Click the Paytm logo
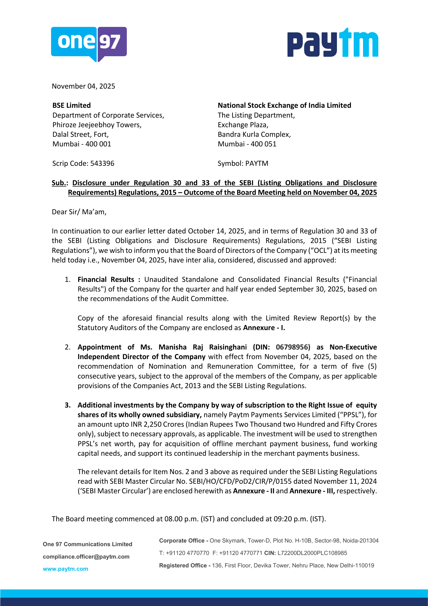point(333,43)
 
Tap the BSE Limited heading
point(71,105)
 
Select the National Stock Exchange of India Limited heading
point(284,105)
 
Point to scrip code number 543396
point(102,163)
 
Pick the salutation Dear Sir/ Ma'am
point(79,212)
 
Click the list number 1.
point(68,280)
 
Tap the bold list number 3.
point(68,405)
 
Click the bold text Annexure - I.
point(264,328)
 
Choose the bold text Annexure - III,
point(312,491)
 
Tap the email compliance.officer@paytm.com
point(86,557)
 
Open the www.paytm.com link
point(65,569)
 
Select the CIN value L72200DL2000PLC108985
point(312,553)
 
